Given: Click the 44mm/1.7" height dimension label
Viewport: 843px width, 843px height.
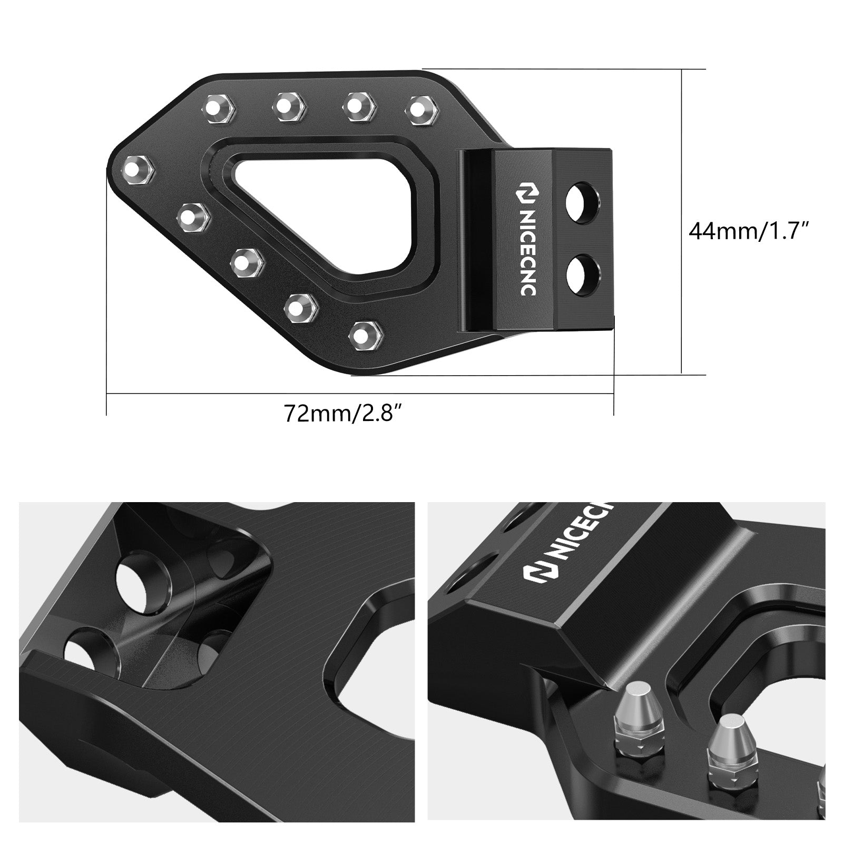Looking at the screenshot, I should (749, 231).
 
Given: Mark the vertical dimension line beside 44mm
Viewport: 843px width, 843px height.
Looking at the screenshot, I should (682, 221).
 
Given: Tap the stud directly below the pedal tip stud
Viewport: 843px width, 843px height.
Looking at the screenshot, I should (194, 218).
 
